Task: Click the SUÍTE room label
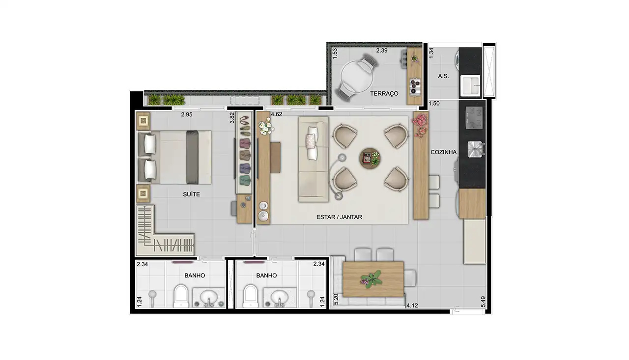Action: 191,194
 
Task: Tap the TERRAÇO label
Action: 384,93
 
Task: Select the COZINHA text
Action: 444,152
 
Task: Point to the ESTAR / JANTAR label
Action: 340,217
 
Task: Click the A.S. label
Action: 443,76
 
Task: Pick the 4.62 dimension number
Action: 276,114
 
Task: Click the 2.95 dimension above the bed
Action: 186,114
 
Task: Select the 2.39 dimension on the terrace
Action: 382,50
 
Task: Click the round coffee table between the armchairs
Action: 369,158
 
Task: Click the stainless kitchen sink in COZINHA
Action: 474,149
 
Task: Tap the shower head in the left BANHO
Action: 153,296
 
